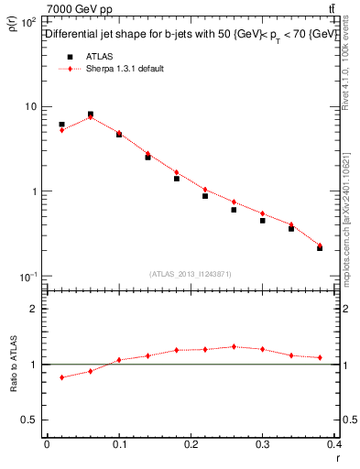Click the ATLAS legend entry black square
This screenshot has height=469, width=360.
[69, 56]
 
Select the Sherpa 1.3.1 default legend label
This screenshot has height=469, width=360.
[126, 69]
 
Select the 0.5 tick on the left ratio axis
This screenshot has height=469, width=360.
[29, 420]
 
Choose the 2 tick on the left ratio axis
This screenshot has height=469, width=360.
[34, 309]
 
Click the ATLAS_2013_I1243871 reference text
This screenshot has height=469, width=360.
[191, 274]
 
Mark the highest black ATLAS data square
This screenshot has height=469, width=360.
[90, 115]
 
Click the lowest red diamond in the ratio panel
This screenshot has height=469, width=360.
[61, 377]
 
